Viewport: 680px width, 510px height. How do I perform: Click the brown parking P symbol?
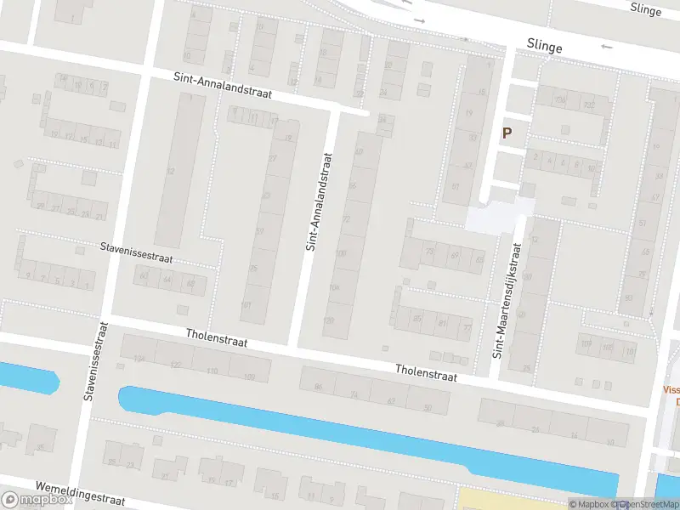point(507,133)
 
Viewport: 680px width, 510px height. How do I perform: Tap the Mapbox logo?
point(37,499)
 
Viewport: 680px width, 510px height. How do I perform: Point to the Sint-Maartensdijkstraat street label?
point(507,299)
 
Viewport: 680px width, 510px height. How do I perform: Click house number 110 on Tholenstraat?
point(212,371)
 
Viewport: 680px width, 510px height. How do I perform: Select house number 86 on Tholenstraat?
point(320,387)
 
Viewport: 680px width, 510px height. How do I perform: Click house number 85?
point(416,319)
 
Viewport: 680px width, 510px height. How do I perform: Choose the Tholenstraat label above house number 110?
point(217,337)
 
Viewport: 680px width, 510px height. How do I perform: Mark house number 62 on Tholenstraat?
point(392,401)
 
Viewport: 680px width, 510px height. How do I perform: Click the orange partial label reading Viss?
point(671,390)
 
